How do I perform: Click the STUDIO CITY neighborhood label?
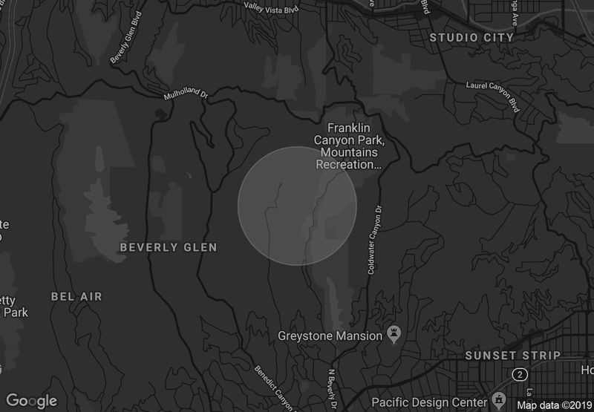[x=472, y=37]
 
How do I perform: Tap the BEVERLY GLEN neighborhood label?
[x=169, y=247]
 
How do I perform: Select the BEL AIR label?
[x=76, y=297]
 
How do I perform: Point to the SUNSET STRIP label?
[x=512, y=356]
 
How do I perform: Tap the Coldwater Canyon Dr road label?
[x=373, y=239]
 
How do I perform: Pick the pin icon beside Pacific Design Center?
[x=500, y=399]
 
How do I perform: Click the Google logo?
[x=31, y=401]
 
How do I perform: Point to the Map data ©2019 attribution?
[x=554, y=405]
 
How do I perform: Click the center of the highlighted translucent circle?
[x=297, y=206]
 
